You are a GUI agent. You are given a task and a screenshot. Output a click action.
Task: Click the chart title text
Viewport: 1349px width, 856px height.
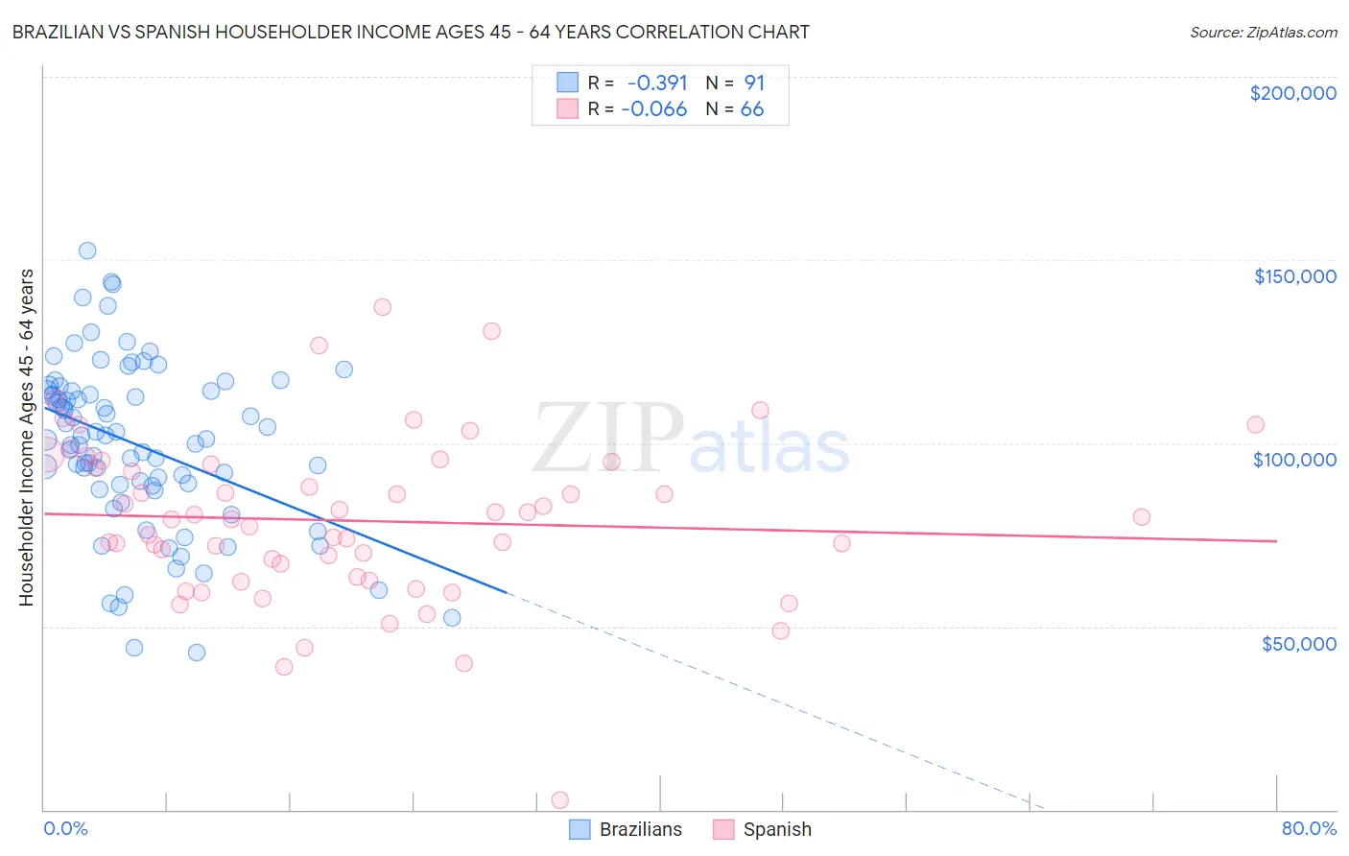click(411, 32)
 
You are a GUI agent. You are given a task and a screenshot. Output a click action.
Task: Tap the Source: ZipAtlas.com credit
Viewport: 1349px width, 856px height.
click(1263, 32)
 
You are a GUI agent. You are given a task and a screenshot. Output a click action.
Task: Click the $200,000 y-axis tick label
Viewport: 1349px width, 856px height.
click(1292, 93)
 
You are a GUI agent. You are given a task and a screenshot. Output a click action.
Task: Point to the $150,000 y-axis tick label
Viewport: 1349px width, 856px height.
click(1294, 276)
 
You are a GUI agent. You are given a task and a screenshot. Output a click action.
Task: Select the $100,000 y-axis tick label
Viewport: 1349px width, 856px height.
click(1294, 460)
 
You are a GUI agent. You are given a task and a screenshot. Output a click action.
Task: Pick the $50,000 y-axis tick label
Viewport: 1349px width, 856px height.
click(1298, 643)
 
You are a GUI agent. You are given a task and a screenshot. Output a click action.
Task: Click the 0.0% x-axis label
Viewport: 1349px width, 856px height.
click(65, 828)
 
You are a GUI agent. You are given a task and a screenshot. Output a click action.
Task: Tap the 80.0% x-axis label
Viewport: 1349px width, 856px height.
click(1309, 828)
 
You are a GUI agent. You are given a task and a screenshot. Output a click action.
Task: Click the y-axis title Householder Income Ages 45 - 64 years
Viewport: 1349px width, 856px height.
click(26, 438)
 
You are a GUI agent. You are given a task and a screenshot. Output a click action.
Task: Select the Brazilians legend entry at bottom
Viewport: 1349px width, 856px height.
click(626, 829)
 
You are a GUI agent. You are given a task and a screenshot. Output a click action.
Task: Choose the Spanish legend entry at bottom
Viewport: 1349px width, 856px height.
click(763, 829)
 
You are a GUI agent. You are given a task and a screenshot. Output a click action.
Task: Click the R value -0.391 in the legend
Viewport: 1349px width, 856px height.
click(657, 83)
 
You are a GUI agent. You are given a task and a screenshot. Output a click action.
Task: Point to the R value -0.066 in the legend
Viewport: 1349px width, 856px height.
click(654, 109)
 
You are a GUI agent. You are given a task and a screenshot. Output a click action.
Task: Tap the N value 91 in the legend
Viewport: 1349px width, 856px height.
click(754, 83)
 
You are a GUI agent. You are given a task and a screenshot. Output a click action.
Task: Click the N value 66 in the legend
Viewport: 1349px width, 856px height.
click(752, 109)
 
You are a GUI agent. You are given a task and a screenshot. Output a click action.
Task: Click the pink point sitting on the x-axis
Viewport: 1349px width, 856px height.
click(559, 800)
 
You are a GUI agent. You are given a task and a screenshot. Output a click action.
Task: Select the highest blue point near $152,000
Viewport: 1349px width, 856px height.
click(87, 250)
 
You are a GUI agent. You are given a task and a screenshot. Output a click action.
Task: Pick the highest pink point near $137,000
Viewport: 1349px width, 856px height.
click(382, 307)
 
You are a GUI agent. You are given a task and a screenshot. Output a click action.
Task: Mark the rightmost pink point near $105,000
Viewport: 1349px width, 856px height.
click(1255, 424)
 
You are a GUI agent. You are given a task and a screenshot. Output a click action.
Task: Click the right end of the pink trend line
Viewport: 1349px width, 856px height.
click(1276, 541)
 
